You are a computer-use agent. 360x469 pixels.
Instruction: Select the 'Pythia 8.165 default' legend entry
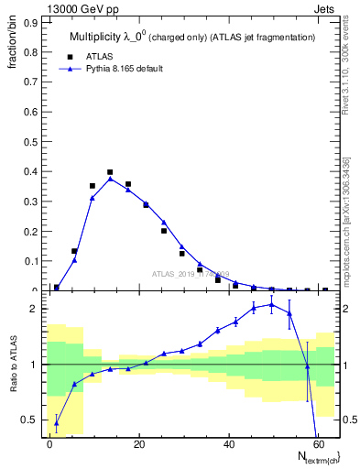pos(117,68)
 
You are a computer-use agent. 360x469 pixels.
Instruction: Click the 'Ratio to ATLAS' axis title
pos(12,365)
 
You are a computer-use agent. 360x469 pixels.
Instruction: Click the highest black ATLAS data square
pos(110,172)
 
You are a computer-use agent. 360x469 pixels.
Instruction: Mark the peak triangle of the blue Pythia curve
pos(110,179)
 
